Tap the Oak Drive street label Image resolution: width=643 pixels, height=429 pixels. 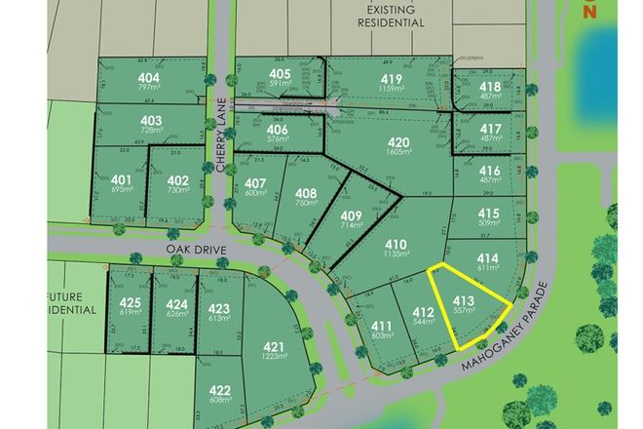pos(196,251)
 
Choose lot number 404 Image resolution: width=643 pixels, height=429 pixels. pos(149,78)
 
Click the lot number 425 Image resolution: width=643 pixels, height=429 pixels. pos(131,301)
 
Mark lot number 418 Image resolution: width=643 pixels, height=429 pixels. pos(491,86)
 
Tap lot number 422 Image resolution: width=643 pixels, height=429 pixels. pos(220,392)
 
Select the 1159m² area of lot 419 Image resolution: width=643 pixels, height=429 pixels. pos(393,93)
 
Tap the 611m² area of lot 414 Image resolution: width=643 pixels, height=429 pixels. pos(489,269)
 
